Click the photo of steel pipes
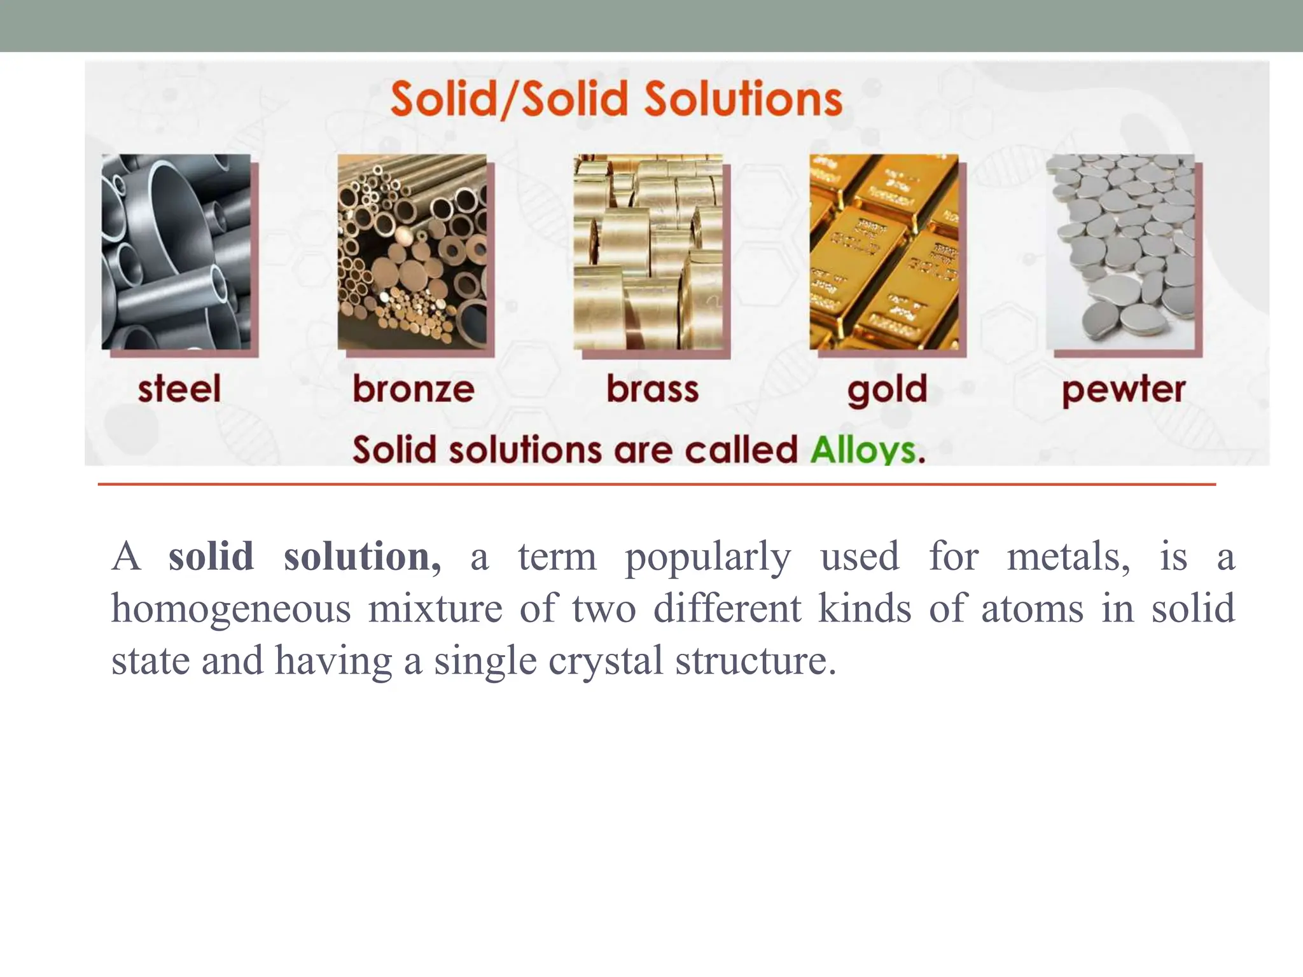[x=176, y=251]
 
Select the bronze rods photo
[x=412, y=251]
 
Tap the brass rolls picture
[x=648, y=251]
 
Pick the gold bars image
[x=884, y=251]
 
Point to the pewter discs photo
[x=1120, y=251]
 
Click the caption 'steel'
[x=179, y=389]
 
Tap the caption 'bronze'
[x=414, y=389]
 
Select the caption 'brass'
[x=652, y=389]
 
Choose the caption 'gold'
[x=887, y=390]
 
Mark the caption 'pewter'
[x=1124, y=390]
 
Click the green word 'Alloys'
[x=867, y=450]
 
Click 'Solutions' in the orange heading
[x=743, y=99]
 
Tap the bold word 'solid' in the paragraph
[x=211, y=557]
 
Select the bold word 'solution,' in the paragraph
[x=362, y=557]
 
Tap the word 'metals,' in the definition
[x=1069, y=557]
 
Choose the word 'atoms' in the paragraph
[x=1032, y=609]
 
